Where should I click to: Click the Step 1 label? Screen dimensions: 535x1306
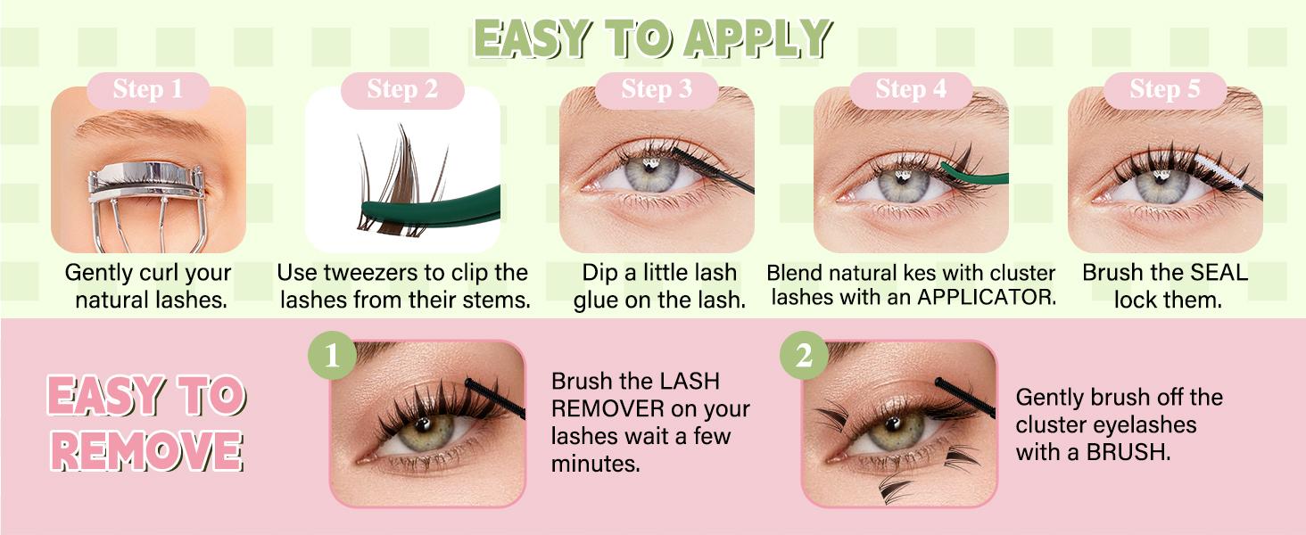coord(147,89)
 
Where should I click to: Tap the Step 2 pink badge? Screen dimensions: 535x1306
coord(402,89)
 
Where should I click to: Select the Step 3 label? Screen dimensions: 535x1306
coord(657,89)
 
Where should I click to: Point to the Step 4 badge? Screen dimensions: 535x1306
coord(911,89)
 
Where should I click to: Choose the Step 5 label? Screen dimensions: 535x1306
coord(1165,89)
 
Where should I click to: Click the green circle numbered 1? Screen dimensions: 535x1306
coord(333,357)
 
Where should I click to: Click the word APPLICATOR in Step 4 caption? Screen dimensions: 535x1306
coord(987,299)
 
